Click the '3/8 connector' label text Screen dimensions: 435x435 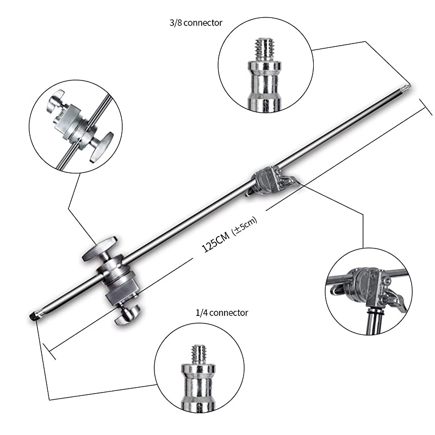click(x=196, y=23)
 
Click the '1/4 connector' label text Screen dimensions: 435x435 click(x=222, y=313)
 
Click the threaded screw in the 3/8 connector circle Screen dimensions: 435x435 click(x=265, y=49)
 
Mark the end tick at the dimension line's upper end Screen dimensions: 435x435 click(x=424, y=106)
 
